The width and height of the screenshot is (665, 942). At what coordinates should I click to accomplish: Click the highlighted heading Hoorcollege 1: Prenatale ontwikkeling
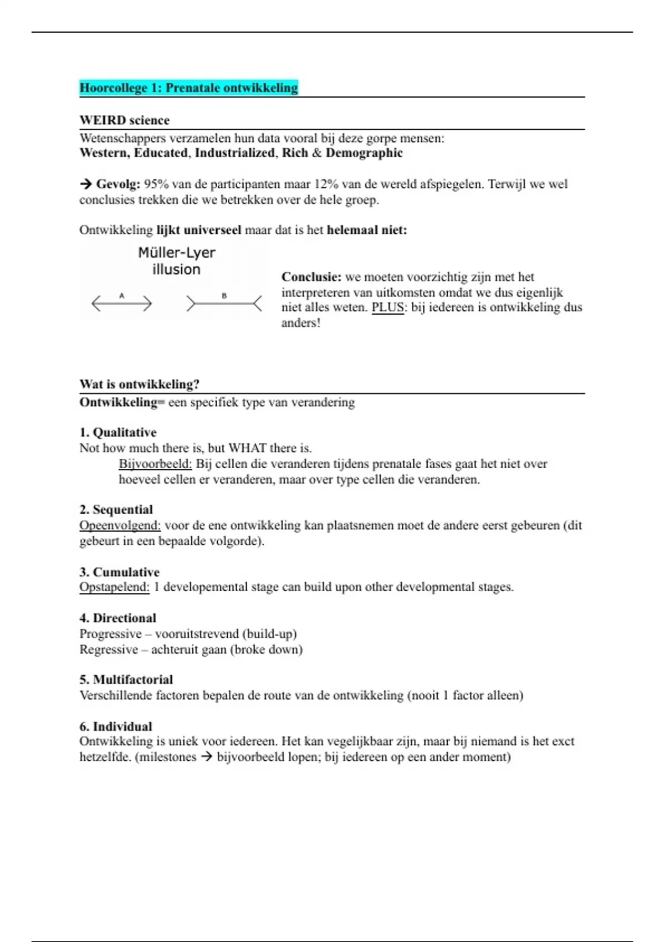188,88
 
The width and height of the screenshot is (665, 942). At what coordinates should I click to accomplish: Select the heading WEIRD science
125,120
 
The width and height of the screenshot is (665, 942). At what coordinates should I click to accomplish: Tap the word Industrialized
234,153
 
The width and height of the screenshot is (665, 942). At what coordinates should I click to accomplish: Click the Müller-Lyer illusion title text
176,261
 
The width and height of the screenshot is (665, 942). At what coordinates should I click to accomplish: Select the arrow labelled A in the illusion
121,303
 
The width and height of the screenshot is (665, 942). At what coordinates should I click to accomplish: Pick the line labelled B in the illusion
224,303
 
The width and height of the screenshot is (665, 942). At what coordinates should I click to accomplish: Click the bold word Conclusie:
311,277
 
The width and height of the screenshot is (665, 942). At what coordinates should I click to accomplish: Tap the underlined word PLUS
387,308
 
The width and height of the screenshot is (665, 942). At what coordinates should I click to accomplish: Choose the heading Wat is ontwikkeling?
139,384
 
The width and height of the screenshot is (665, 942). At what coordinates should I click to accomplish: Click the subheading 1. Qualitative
118,432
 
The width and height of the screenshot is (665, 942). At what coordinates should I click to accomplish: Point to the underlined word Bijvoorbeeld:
155,464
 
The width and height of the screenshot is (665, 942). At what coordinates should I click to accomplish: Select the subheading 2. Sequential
116,510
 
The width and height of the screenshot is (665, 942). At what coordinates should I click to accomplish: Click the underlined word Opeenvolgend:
120,525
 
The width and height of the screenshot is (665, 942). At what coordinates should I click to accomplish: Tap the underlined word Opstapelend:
114,587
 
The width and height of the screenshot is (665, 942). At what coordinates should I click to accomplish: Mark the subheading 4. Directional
118,618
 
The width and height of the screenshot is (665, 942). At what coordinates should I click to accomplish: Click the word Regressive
109,649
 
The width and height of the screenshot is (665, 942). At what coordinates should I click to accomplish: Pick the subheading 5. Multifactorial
126,679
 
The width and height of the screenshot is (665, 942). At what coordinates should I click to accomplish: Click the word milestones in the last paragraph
167,757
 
